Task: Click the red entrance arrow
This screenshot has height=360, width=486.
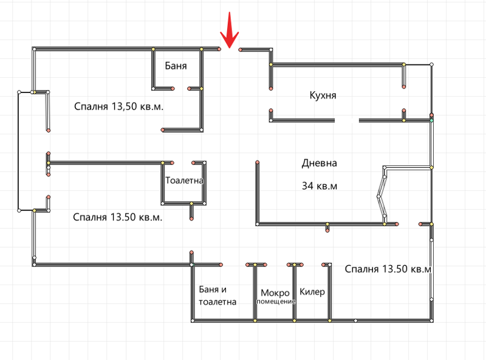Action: tap(230, 30)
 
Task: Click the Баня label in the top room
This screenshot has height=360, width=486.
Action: tap(176, 66)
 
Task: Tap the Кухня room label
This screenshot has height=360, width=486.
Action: tap(323, 95)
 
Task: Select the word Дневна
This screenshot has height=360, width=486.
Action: tap(320, 163)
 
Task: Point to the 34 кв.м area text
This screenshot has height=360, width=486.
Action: tap(320, 186)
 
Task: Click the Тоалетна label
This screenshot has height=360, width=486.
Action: tap(184, 181)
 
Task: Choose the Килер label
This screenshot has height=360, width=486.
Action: tap(312, 292)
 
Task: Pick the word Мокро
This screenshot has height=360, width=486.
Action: tap(275, 292)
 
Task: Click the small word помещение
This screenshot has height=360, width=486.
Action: tap(276, 302)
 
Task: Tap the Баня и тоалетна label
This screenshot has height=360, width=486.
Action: tap(217, 296)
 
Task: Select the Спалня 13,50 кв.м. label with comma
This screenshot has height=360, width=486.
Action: tap(118, 106)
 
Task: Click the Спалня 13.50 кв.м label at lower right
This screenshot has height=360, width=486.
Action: tap(388, 269)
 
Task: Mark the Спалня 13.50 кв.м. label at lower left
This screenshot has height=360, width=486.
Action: tap(117, 217)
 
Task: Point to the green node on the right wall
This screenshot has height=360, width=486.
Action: tap(431, 120)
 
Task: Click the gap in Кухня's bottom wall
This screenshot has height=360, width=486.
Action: tap(347, 120)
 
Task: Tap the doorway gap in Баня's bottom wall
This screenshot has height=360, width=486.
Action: tap(181, 89)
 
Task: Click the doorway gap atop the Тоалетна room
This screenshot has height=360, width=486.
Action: tap(183, 163)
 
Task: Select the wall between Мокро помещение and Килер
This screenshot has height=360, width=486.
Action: tap(295, 292)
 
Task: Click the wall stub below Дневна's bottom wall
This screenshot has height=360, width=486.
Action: tap(327, 227)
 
